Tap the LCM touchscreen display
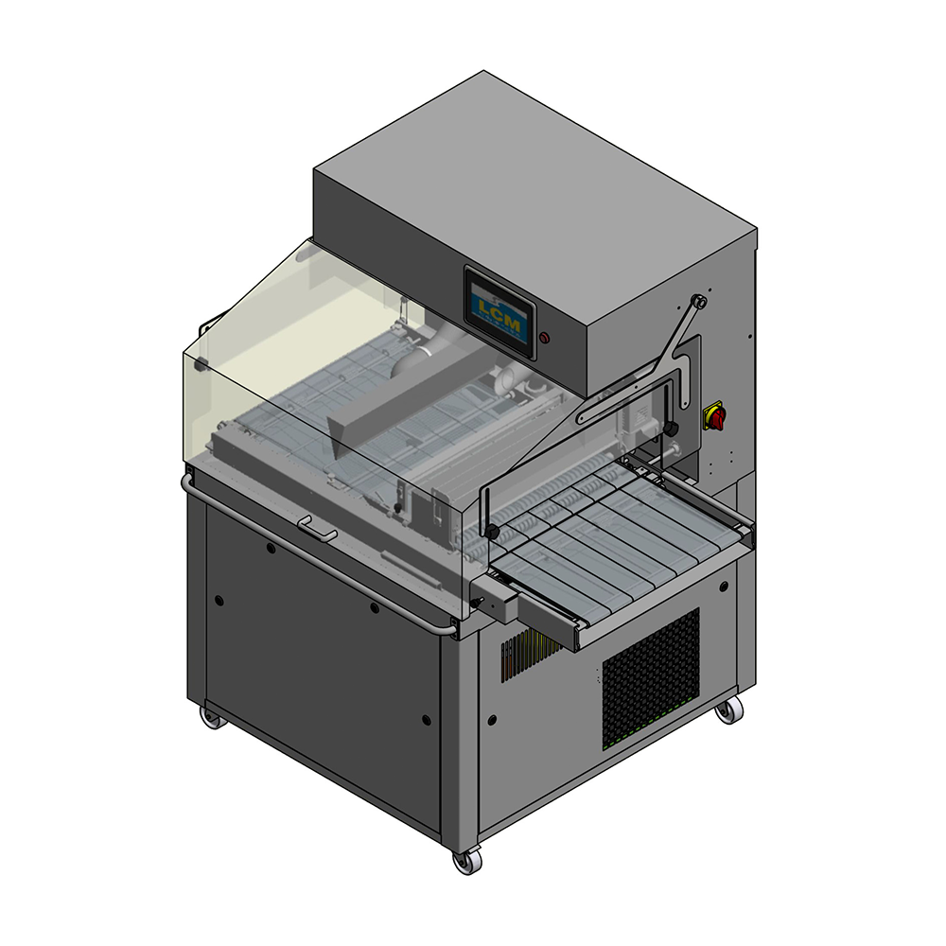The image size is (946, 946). coord(499,312)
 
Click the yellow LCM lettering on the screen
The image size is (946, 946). coord(499,310)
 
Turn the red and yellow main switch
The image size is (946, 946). coord(715,415)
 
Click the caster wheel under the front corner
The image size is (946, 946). coord(467,860)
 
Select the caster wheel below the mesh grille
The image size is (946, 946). coord(729,710)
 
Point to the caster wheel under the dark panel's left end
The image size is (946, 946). coord(212,716)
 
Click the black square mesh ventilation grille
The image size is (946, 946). coord(651,678)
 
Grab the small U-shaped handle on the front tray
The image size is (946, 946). coord(317,528)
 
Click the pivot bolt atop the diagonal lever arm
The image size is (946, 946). coord(699,301)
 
